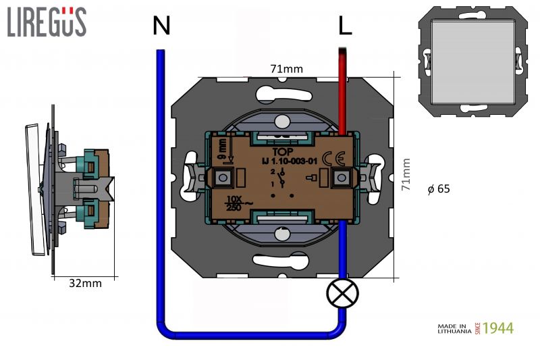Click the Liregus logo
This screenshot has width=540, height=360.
coord(47,22)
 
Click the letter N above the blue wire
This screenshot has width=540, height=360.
coord(161,26)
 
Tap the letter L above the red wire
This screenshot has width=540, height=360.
coord(344,26)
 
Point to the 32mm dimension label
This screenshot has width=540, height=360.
coord(86,284)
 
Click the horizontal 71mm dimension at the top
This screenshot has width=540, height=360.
coord(286,68)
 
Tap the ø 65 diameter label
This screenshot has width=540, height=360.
coord(439,189)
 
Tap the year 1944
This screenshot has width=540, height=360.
coord(498,328)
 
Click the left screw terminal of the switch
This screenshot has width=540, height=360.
coord(221,178)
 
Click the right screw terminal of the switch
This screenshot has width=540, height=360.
coord(342,178)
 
